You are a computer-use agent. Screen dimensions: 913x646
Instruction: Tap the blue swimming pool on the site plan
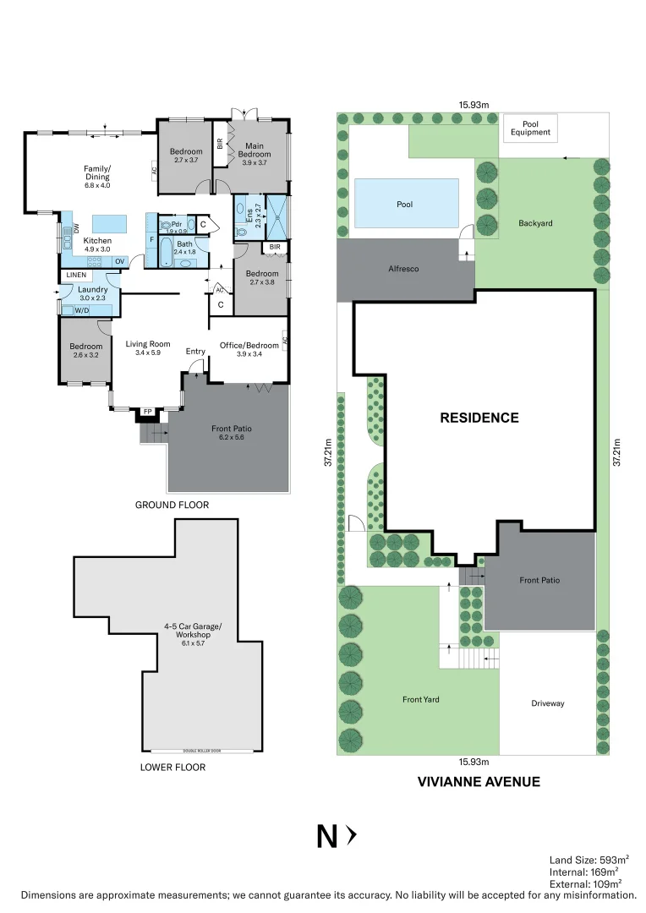[406, 203]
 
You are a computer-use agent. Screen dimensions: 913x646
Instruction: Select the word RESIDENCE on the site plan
[479, 418]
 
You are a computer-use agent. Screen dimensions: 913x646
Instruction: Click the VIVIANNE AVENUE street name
[479, 782]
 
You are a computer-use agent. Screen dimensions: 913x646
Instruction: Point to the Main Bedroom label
[255, 150]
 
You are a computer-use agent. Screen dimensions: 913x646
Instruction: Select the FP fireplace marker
[147, 412]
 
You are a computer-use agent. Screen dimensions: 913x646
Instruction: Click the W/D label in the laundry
[81, 310]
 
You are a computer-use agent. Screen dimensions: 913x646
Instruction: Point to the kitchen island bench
[108, 223]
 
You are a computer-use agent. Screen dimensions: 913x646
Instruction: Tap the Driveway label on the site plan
[547, 703]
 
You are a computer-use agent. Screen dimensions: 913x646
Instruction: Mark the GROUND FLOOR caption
[172, 505]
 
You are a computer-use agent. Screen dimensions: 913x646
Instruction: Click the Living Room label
[148, 344]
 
